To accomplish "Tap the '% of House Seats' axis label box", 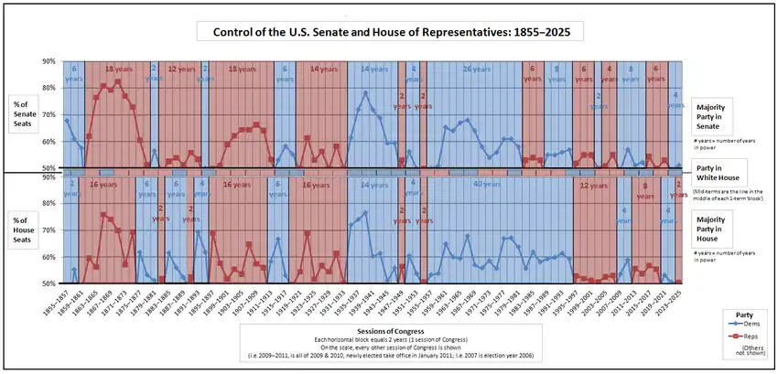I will point(28,228).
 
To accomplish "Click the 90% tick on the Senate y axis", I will point(49,61).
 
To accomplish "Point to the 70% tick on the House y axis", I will point(49,230).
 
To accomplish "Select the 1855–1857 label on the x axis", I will point(63,301).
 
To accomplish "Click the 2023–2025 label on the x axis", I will point(678,301).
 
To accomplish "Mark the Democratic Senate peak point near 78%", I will point(366,92).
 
